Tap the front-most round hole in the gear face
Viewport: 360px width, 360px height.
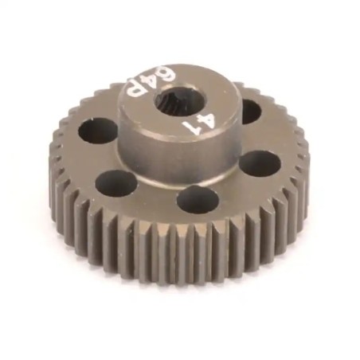pyautogui.click(x=195, y=198)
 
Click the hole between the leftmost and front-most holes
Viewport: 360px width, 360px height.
pyautogui.click(x=116, y=182)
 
